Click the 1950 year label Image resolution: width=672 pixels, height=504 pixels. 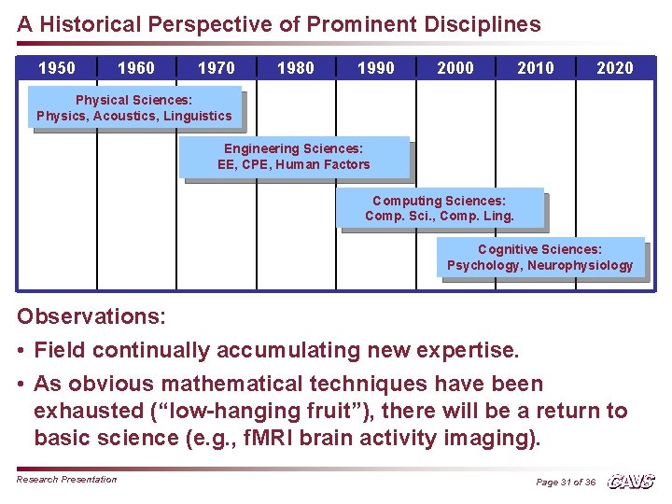56,68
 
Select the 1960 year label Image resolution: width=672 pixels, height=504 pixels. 136,68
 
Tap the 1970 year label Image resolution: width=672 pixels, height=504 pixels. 217,68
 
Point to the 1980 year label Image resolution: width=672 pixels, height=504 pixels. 296,68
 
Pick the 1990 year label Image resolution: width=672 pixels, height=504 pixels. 376,68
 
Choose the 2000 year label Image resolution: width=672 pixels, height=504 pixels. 455,68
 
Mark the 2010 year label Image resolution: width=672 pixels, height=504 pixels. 536,68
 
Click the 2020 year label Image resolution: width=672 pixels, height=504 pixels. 615,68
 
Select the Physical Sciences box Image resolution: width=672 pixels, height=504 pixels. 134,108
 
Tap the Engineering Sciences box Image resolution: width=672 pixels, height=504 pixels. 294,157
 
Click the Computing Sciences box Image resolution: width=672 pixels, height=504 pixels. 440,208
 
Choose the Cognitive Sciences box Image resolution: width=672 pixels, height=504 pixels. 540,258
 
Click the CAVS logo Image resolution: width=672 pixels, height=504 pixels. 631,482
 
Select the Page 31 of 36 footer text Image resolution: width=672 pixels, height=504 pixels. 566,483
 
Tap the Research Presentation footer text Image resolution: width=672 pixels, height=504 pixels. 67,480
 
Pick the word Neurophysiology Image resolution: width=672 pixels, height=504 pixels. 580,266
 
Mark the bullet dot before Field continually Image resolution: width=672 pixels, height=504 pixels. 21,351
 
